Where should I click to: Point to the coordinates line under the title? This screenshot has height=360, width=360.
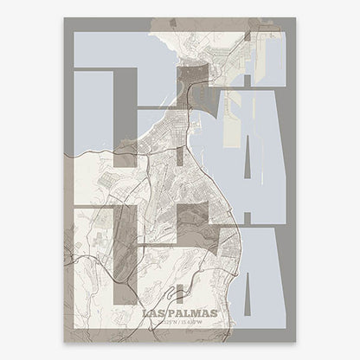(x=180, y=323)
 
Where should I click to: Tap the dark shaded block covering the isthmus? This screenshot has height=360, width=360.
(x=194, y=84)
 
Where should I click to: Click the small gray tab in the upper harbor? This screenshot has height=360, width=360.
(x=247, y=82)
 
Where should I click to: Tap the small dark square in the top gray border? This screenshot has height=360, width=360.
(x=247, y=37)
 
